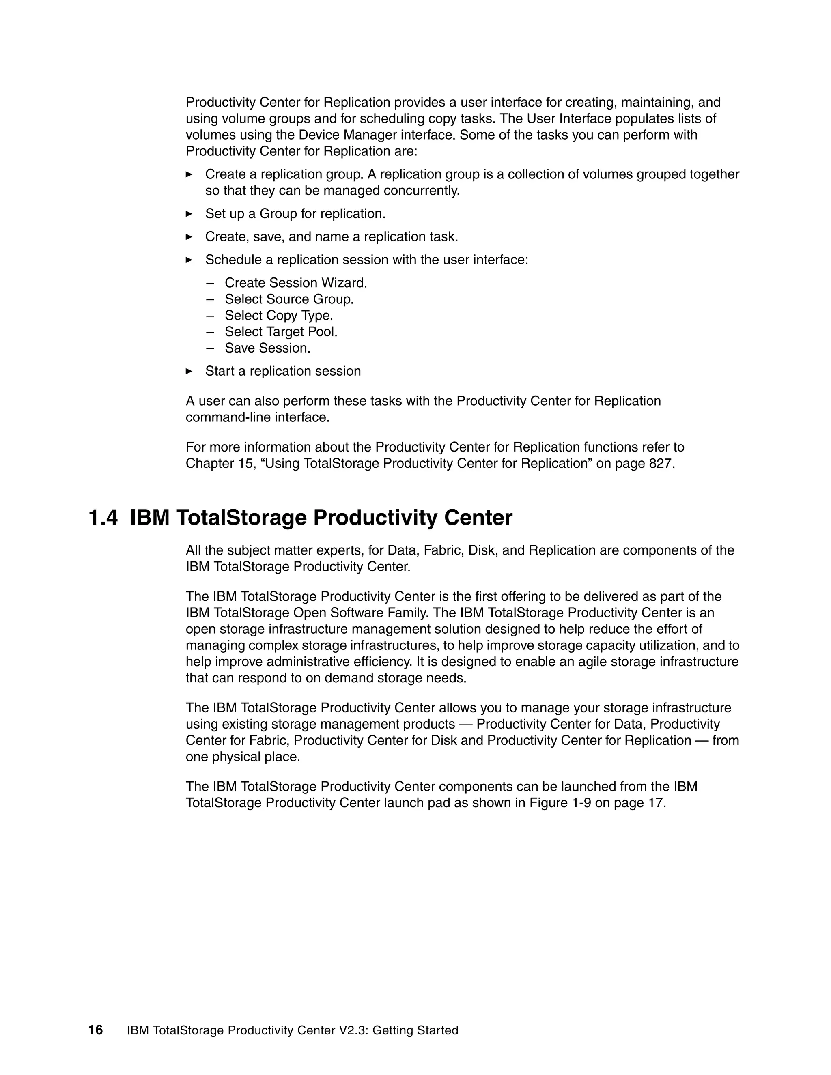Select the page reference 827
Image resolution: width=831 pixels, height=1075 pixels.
[661, 464]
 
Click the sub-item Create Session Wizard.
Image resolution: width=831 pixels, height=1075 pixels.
[296, 283]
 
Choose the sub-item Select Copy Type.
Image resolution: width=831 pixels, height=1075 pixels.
[279, 316]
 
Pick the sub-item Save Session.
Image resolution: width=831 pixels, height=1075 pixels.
[267, 348]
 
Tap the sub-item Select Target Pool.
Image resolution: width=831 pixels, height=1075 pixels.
[281, 332]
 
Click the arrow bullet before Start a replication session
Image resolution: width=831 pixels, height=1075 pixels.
[189, 371]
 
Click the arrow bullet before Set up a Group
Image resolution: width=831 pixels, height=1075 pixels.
[189, 214]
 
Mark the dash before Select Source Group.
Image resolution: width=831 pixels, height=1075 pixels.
[211, 299]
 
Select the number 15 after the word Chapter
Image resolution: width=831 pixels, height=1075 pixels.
[242, 464]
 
